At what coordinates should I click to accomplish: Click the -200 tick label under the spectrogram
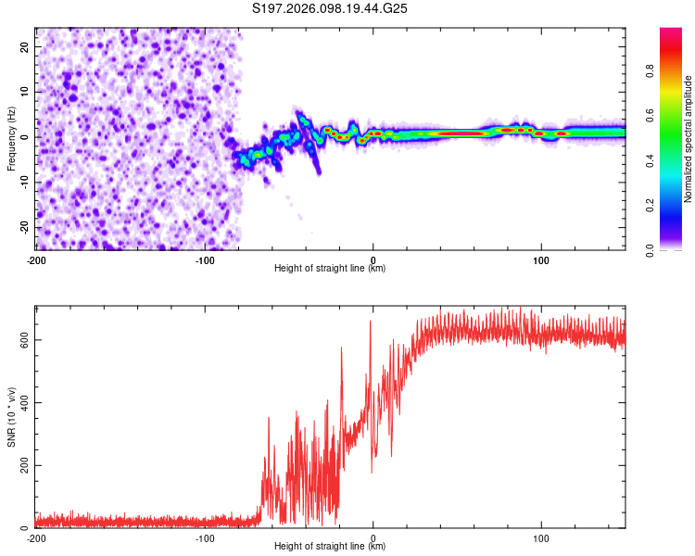[x=35, y=258]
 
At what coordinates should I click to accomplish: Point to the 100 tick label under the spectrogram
[x=541, y=258]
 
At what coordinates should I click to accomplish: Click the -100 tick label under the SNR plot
[x=204, y=537]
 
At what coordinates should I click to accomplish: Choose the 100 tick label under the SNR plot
[x=541, y=537]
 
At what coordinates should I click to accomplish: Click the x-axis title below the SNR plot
[x=330, y=547]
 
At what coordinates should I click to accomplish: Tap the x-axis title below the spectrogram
[x=330, y=268]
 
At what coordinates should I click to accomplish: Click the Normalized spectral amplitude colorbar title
[x=689, y=139]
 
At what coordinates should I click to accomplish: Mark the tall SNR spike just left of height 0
[x=371, y=322]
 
